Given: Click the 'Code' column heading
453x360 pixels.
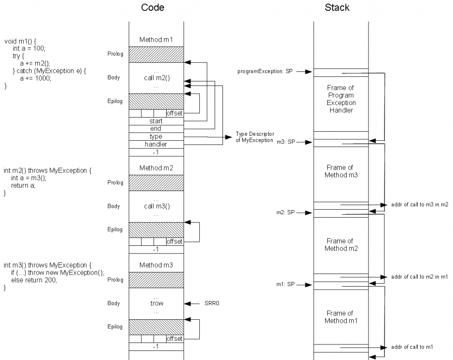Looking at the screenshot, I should (153, 8).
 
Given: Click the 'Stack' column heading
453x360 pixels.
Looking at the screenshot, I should (337, 8).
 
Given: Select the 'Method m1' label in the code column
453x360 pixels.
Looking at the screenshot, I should (156, 40).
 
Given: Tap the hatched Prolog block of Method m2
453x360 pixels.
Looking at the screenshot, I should (156, 183).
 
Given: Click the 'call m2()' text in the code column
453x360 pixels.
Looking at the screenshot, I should (156, 78).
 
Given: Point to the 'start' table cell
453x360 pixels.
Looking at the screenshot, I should (156, 121).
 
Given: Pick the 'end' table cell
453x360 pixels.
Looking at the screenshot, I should (156, 129).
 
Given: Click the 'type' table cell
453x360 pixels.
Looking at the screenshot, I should (156, 136).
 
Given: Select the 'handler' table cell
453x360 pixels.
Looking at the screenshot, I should (156, 144).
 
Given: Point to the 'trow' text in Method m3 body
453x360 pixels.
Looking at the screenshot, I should (157, 303).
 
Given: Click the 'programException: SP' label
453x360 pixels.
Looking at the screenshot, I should (265, 71).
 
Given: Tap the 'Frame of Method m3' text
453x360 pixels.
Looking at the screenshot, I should (341, 171).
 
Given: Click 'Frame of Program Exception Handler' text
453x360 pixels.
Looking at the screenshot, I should (341, 99).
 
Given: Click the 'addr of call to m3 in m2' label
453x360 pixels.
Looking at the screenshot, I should (419, 205).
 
